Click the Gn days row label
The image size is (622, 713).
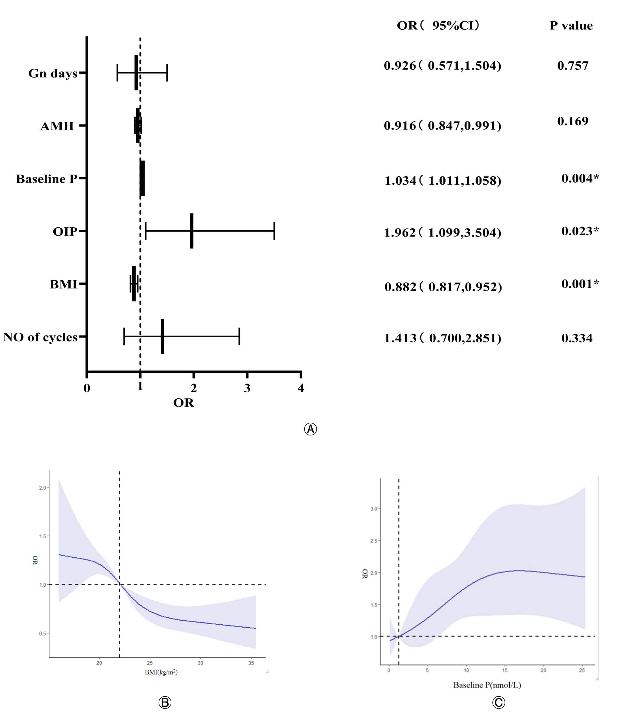53,74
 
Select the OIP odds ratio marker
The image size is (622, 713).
192,231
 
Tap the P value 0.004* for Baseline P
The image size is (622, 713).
580,178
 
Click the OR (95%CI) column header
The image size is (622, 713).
438,25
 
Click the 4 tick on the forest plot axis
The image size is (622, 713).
301,388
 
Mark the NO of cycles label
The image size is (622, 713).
40,337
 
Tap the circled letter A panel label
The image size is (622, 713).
310,429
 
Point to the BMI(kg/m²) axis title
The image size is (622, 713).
161,672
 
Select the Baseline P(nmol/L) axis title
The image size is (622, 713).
487,685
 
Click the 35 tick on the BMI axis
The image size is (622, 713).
251,663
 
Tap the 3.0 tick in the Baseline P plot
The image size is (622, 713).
374,509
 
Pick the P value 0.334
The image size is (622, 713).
577,338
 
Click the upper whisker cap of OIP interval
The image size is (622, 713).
274,231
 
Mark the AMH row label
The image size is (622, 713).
57,126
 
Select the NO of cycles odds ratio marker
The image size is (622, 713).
162,336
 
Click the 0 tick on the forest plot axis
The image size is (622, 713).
87,388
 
